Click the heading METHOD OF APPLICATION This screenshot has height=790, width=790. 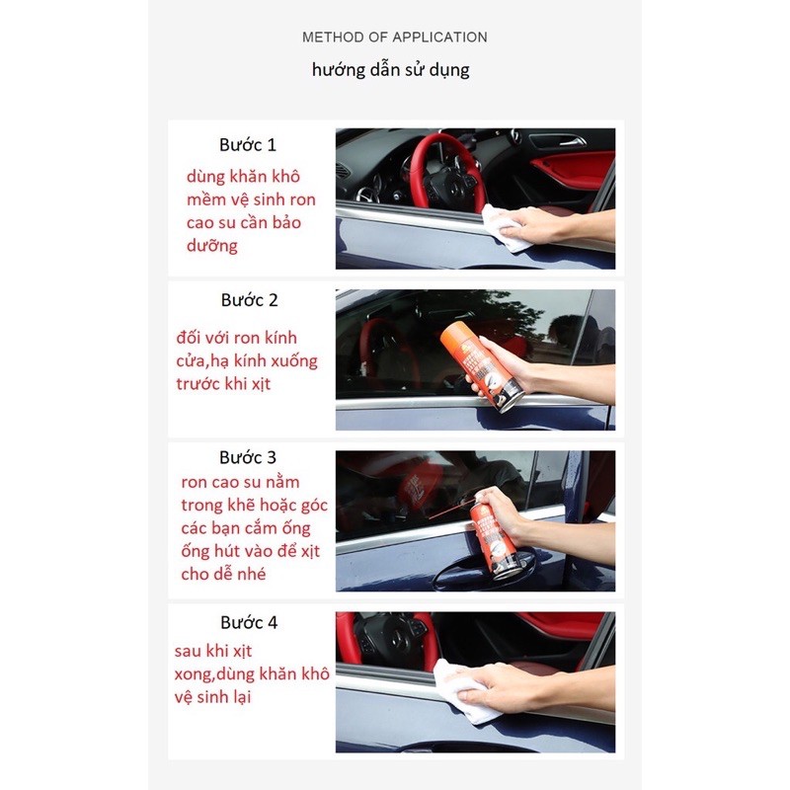[x=394, y=38]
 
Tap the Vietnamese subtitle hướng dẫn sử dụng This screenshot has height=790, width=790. [x=390, y=70]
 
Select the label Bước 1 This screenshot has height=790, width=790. [x=248, y=145]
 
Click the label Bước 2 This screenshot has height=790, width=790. [x=250, y=300]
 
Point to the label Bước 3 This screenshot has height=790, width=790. [x=248, y=457]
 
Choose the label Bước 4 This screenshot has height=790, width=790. [x=249, y=623]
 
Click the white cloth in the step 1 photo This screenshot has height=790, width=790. [x=504, y=228]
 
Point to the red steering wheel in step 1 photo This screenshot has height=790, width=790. [x=443, y=171]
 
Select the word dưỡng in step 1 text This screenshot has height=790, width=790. [x=211, y=246]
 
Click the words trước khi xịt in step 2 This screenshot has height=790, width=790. [x=223, y=384]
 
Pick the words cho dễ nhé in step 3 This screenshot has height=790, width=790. [x=223, y=574]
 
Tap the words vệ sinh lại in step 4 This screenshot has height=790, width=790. [x=212, y=697]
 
